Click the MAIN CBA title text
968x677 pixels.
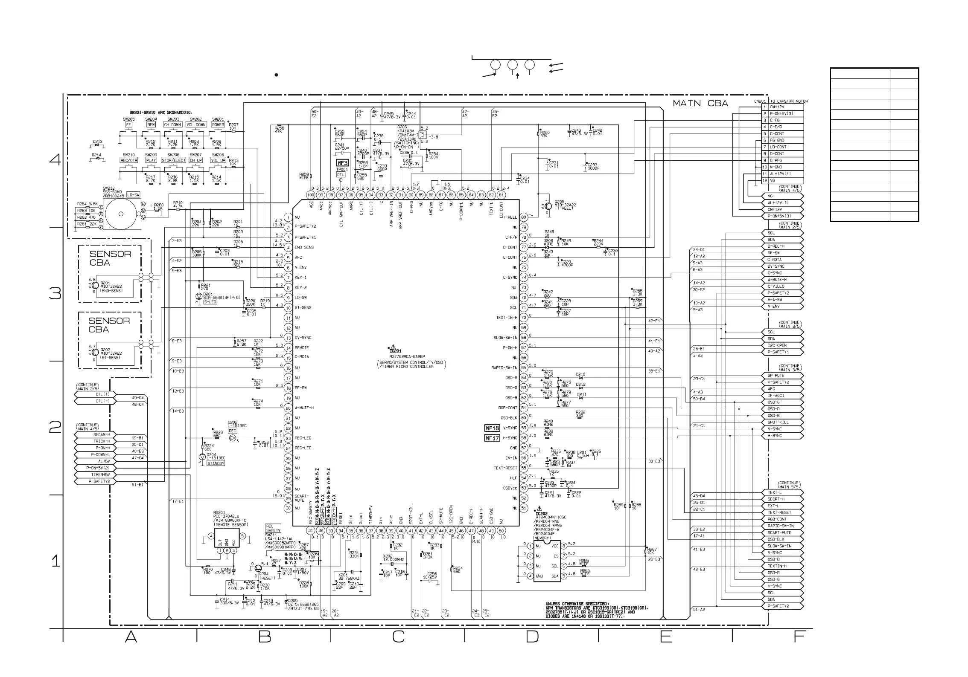700,104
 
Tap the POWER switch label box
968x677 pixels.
218,125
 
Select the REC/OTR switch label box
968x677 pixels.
128,160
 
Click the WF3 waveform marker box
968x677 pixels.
343,163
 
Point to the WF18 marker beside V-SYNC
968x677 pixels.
492,428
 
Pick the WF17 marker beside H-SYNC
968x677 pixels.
492,438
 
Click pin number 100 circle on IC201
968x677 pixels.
311,195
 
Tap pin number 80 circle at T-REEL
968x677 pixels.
524,217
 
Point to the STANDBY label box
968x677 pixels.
216,463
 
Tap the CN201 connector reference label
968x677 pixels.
761,101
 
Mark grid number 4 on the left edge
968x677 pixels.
55,160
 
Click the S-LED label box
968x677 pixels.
210,302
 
